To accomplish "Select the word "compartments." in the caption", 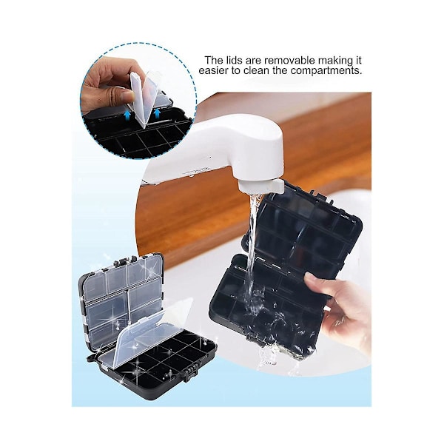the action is (x=326, y=70).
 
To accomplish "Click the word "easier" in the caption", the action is (x=213, y=70).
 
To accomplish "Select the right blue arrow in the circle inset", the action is (x=157, y=113).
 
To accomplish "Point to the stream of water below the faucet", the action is (x=252, y=255).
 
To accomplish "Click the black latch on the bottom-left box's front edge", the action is (x=190, y=373).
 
